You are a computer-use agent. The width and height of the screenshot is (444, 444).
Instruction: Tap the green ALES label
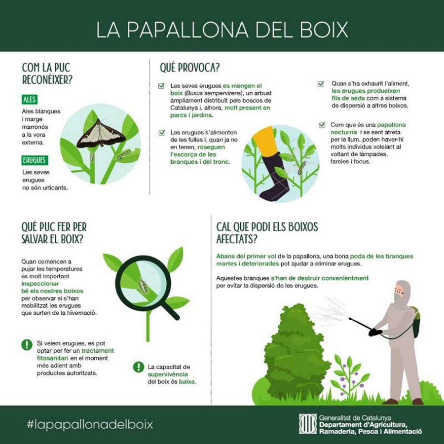click(x=30, y=100)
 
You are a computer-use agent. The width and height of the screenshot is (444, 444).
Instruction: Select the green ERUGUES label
click(x=35, y=160)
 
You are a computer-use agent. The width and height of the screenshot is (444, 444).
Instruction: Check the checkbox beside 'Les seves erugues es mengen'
click(x=161, y=86)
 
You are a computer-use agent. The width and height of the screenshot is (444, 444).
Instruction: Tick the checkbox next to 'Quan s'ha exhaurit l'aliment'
click(x=321, y=84)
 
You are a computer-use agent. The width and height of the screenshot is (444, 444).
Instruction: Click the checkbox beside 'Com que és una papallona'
click(x=322, y=125)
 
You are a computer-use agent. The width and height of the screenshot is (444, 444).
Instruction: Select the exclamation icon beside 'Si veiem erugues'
click(x=27, y=345)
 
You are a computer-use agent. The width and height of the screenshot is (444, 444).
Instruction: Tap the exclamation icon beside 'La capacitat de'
click(x=139, y=367)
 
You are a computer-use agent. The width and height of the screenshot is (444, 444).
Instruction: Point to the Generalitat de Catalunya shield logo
click(x=307, y=424)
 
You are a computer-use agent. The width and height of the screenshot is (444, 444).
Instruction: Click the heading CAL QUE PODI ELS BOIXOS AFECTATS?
click(x=267, y=233)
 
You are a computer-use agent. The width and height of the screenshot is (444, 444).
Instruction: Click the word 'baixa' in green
click(x=187, y=382)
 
